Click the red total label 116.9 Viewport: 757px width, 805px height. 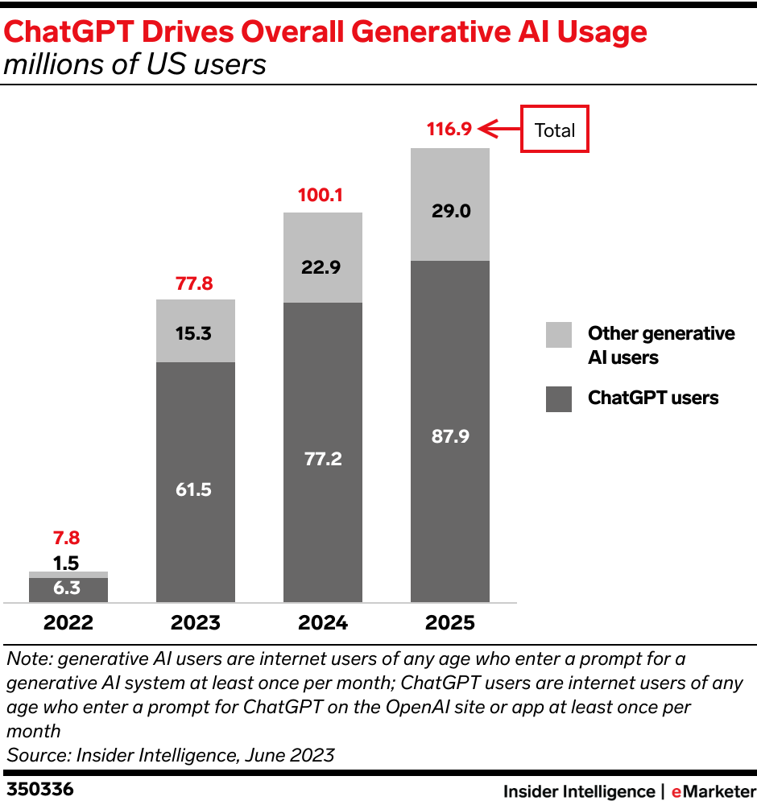pyautogui.click(x=449, y=129)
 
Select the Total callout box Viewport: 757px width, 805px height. pyautogui.click(x=554, y=130)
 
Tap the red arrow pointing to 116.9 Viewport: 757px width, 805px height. pyautogui.click(x=498, y=129)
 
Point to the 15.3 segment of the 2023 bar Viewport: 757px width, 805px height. pyautogui.click(x=196, y=331)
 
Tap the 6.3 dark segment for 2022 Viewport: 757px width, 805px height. pyautogui.click(x=68, y=589)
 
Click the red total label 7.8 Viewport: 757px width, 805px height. pyautogui.click(x=66, y=539)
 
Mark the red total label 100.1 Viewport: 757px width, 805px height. pyautogui.click(x=321, y=194)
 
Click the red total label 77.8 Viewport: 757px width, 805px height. pyautogui.click(x=194, y=283)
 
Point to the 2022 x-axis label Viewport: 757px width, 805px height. pyautogui.click(x=68, y=623)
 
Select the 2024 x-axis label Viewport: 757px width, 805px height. pyautogui.click(x=323, y=623)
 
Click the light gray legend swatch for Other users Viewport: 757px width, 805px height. pyautogui.click(x=559, y=335)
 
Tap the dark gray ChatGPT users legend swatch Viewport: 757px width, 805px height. pyautogui.click(x=559, y=398)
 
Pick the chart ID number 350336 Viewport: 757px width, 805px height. pyautogui.click(x=40, y=790)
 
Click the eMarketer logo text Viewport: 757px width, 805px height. pyautogui.click(x=713, y=791)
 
